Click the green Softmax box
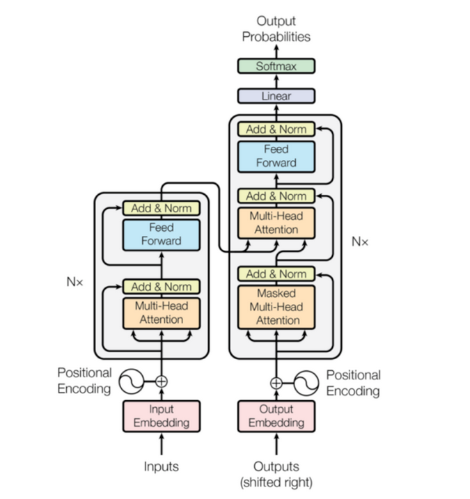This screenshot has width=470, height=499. pyautogui.click(x=276, y=66)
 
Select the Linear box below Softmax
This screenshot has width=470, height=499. pyautogui.click(x=276, y=96)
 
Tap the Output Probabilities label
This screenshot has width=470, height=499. pyautogui.click(x=276, y=29)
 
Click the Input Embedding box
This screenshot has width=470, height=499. pyautogui.click(x=162, y=415)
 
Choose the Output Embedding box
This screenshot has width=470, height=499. pyautogui.click(x=276, y=415)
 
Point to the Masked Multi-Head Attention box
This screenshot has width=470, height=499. pyautogui.click(x=276, y=307)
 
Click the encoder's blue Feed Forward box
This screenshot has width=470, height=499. pyautogui.click(x=162, y=235)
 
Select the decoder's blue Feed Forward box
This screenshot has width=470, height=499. pyautogui.click(x=276, y=156)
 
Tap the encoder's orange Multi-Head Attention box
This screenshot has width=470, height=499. pyautogui.click(x=162, y=313)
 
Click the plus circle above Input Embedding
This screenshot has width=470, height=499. pyautogui.click(x=162, y=381)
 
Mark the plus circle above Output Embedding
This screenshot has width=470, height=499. pyautogui.click(x=276, y=382)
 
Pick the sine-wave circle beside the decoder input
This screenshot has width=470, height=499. pyautogui.click(x=306, y=382)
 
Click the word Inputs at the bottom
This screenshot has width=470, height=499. pyautogui.click(x=162, y=466)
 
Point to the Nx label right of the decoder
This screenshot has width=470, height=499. pyautogui.click(x=359, y=241)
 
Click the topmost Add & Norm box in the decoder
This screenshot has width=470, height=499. pyautogui.click(x=276, y=129)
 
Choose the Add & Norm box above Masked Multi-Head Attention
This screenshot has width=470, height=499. pyautogui.click(x=276, y=274)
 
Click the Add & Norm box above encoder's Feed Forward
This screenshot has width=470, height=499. pyautogui.click(x=162, y=208)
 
